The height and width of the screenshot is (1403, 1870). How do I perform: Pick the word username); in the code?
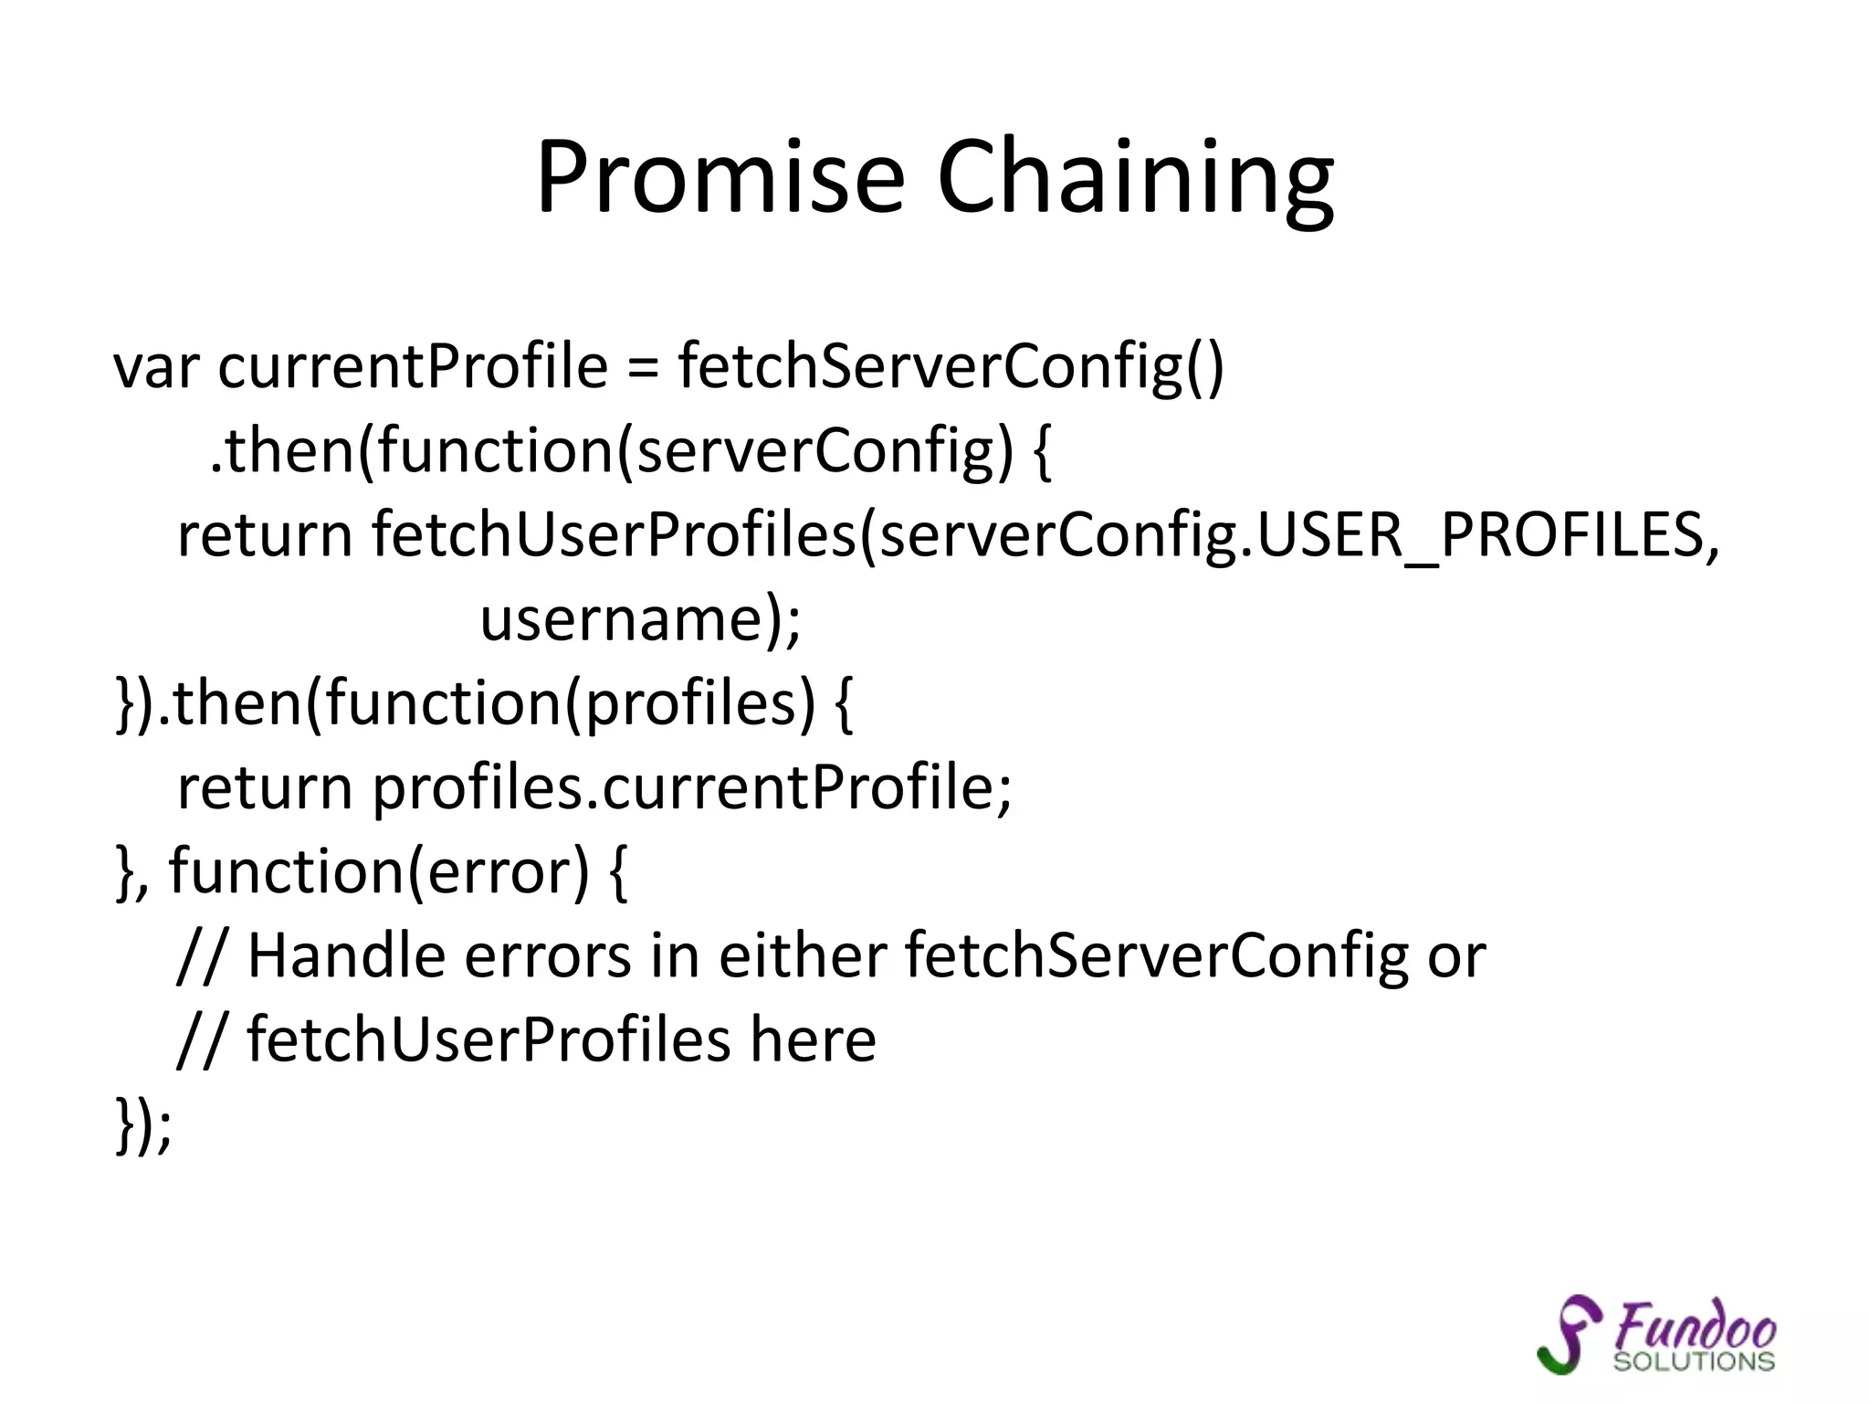coord(640,620)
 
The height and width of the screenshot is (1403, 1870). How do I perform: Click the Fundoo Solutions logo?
coord(1656,1334)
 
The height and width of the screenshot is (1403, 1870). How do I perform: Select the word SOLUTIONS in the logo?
coord(1694,1361)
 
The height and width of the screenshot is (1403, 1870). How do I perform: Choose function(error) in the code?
coord(379,872)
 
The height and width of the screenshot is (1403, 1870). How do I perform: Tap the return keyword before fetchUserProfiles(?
coord(265,536)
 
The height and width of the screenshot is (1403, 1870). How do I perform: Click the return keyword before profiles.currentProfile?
coord(265,788)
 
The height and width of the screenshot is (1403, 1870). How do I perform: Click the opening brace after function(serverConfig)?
coord(1042,453)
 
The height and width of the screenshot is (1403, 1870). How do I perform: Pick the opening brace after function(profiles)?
coord(843,705)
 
